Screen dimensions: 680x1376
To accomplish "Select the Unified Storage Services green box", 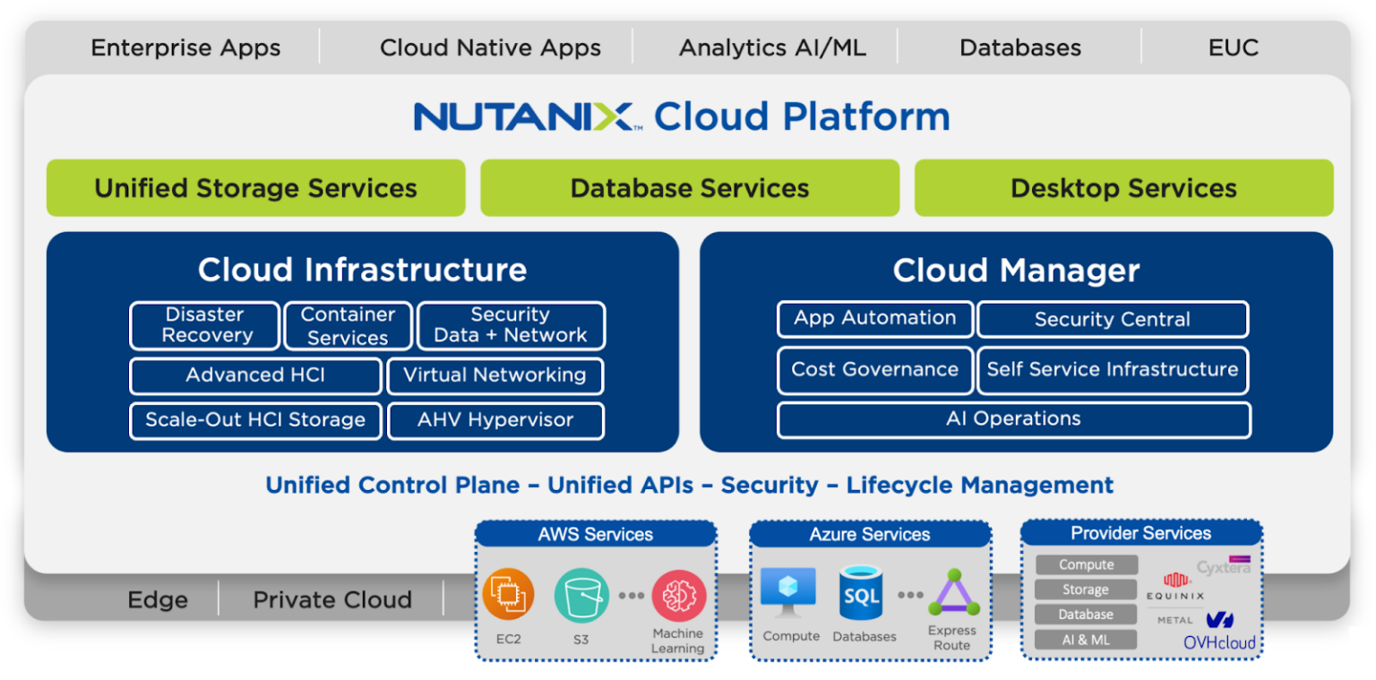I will tap(255, 188).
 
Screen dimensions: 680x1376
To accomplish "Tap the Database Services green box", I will tap(689, 188).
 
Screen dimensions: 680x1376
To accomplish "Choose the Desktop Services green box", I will tap(1123, 188).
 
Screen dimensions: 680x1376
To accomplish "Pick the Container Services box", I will tap(348, 326).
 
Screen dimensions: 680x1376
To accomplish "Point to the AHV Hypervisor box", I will tap(495, 420).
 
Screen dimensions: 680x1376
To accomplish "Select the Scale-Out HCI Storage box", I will tap(255, 420).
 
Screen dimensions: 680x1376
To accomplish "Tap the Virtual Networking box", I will tap(494, 375).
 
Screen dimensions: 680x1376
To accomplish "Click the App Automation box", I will tap(874, 319).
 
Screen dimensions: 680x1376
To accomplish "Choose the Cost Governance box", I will tap(874, 370).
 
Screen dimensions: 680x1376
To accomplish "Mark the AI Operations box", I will tap(1013, 419).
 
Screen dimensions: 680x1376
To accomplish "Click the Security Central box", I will tap(1112, 320).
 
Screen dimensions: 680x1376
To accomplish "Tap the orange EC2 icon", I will tap(508, 596).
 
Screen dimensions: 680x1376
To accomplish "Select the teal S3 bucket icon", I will tap(581, 596).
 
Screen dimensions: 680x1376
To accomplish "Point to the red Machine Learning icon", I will tap(678, 596).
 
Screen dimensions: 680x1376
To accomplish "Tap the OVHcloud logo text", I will tap(1219, 642).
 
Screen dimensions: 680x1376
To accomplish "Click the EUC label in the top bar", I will tap(1233, 47).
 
